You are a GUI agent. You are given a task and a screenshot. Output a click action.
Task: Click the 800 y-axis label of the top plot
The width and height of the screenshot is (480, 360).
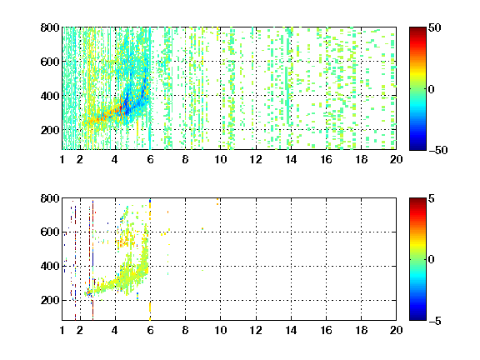(x=50, y=27)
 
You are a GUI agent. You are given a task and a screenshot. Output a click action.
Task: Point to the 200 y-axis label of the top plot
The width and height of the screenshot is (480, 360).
(x=50, y=130)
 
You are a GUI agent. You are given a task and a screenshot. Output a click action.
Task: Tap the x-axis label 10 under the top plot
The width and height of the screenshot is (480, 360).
(x=220, y=159)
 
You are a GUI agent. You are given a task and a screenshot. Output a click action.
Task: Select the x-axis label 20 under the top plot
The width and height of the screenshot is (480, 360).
(x=396, y=159)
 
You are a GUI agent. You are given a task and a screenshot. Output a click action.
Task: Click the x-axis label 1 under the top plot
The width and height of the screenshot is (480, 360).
(x=62, y=159)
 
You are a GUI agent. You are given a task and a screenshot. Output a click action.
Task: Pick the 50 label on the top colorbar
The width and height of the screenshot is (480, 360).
(x=435, y=27)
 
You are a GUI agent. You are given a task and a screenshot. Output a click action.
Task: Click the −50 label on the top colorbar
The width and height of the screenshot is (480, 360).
(x=438, y=150)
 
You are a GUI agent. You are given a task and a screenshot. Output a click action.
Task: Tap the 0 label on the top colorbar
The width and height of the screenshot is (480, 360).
(x=432, y=89)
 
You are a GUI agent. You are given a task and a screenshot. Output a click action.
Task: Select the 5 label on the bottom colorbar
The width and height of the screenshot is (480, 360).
(x=432, y=198)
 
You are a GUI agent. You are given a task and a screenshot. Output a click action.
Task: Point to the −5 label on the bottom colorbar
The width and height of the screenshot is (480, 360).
(x=435, y=321)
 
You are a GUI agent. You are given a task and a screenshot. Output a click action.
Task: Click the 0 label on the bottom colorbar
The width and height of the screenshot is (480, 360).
(x=432, y=260)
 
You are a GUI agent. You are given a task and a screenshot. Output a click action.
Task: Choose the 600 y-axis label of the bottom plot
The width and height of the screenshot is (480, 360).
(x=50, y=232)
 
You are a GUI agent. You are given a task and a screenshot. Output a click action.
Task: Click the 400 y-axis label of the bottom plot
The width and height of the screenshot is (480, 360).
(x=50, y=266)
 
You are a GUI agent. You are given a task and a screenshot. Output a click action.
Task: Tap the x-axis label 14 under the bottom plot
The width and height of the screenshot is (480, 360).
(x=291, y=330)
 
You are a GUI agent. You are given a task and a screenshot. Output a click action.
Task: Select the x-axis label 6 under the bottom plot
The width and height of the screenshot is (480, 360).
(x=150, y=330)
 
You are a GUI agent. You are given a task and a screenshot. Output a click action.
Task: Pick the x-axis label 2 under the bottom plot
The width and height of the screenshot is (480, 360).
(x=80, y=330)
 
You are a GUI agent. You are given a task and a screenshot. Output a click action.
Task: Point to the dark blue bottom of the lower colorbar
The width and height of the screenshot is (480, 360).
(x=417, y=317)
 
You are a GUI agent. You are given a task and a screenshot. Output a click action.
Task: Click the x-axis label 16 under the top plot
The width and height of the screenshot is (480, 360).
(x=326, y=159)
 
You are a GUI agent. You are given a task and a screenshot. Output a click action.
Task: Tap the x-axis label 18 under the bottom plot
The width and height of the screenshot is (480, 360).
(x=361, y=330)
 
